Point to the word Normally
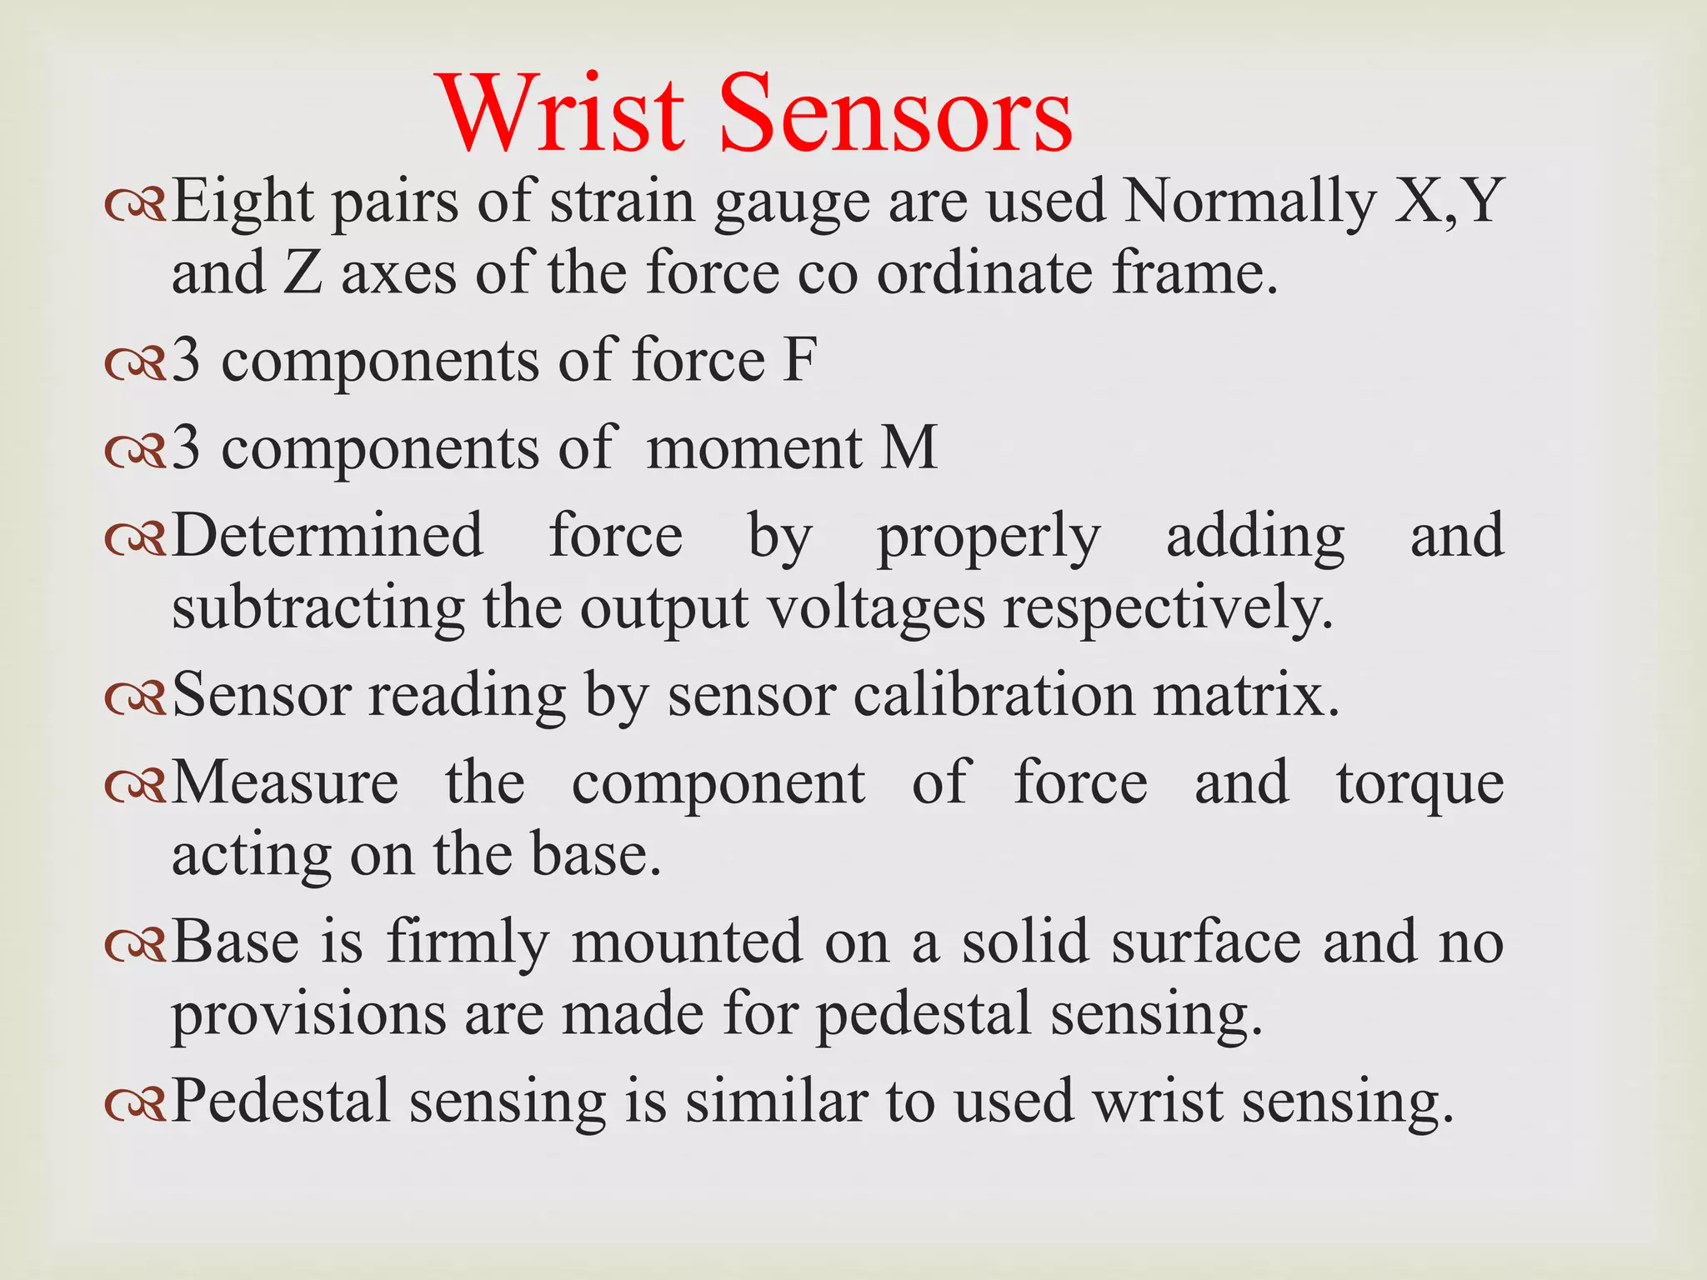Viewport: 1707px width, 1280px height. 1249,203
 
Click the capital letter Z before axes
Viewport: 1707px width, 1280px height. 303,274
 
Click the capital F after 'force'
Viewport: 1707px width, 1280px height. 800,360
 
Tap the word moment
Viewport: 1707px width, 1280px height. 754,447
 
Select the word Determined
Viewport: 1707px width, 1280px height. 328,535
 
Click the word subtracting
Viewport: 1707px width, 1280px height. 318,608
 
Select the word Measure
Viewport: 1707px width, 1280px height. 285,783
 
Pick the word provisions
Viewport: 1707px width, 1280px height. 309,1016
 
